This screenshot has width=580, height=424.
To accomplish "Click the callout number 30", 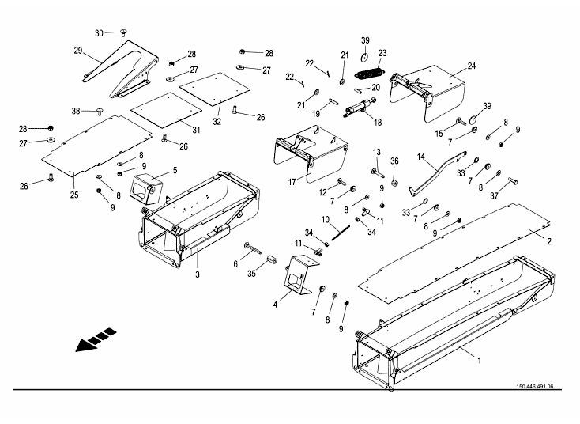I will point(100,32).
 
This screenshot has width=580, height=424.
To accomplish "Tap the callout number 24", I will point(471,66).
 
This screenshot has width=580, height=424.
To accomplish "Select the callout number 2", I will point(548,238).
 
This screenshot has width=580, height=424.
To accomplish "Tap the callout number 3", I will point(198,274).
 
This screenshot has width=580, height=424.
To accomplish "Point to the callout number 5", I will point(174,169).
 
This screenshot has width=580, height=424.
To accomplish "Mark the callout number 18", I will point(378,123).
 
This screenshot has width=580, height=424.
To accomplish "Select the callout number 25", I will point(73,194).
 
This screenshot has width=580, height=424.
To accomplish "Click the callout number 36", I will point(394,161).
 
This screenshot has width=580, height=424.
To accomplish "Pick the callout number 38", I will point(76,110).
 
